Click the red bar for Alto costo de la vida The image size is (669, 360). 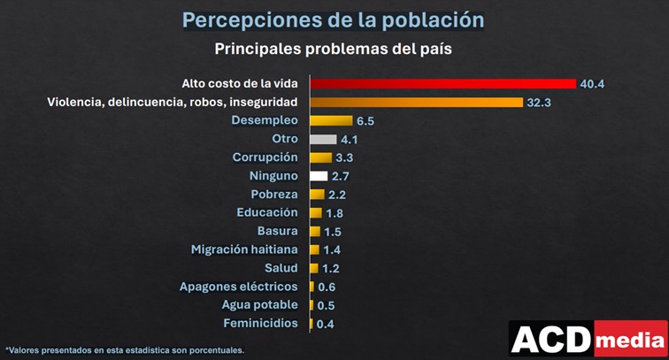pyautogui.click(x=442, y=83)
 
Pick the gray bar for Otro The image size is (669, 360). pyautogui.click(x=323, y=139)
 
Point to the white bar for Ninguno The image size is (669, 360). pyautogui.click(x=319, y=176)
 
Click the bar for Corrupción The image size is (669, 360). pyautogui.click(x=320, y=157)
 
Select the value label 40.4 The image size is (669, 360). pyautogui.click(x=592, y=84)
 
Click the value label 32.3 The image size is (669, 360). pyautogui.click(x=539, y=103)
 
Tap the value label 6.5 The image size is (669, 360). pyautogui.click(x=365, y=121)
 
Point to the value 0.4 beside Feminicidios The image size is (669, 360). pyautogui.click(x=325, y=324)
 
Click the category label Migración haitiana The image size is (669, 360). pyautogui.click(x=244, y=249)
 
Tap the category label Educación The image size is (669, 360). pyautogui.click(x=267, y=212)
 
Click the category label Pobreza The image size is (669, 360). pyautogui.click(x=273, y=194)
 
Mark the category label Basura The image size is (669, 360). pyautogui.click(x=277, y=231)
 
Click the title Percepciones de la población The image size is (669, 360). pyautogui.click(x=334, y=19)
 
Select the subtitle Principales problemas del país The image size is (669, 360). pyautogui.click(x=334, y=49)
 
